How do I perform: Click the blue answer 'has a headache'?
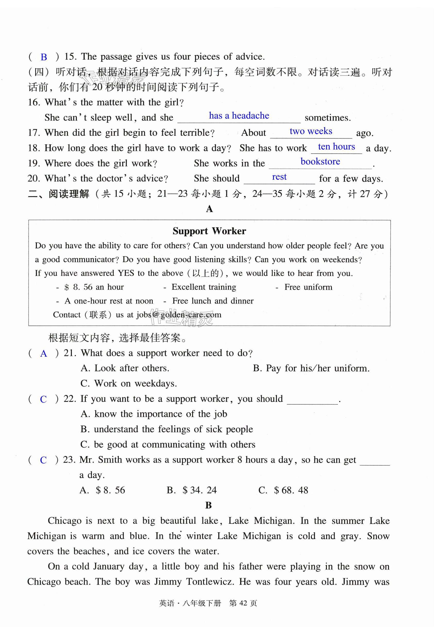239,115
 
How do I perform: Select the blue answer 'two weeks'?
311,131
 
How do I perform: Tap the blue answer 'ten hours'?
336,146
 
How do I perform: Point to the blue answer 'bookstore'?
320,161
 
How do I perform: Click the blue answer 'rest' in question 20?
279,177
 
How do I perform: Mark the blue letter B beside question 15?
44,57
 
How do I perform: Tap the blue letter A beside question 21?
44,354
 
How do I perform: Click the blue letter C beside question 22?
43,399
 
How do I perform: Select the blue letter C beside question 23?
43,460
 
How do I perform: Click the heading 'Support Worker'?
209,231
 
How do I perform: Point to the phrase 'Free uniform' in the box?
308,287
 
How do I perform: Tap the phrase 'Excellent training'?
204,287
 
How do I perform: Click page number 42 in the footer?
243,603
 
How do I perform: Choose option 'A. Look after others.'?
125,368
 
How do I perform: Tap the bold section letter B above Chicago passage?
208,505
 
